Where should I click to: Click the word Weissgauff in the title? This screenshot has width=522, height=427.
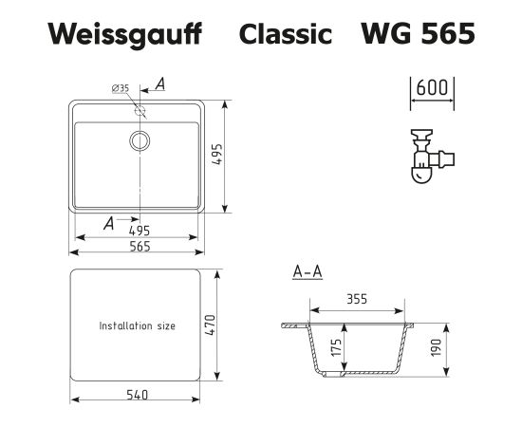[x=125, y=35]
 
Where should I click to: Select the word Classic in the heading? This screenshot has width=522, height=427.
[x=286, y=33]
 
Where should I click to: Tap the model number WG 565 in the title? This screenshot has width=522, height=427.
[x=419, y=33]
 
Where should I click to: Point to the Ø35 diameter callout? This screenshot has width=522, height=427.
[x=121, y=88]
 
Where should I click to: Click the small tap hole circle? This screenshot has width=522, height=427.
[x=140, y=110]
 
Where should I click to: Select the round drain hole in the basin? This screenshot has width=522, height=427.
[x=140, y=140]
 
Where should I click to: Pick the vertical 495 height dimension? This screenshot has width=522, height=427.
[x=217, y=155]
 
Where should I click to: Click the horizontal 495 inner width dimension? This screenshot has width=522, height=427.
[x=140, y=231]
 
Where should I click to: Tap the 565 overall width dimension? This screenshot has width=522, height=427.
[x=140, y=247]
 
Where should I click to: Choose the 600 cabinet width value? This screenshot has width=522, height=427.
[x=432, y=88]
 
